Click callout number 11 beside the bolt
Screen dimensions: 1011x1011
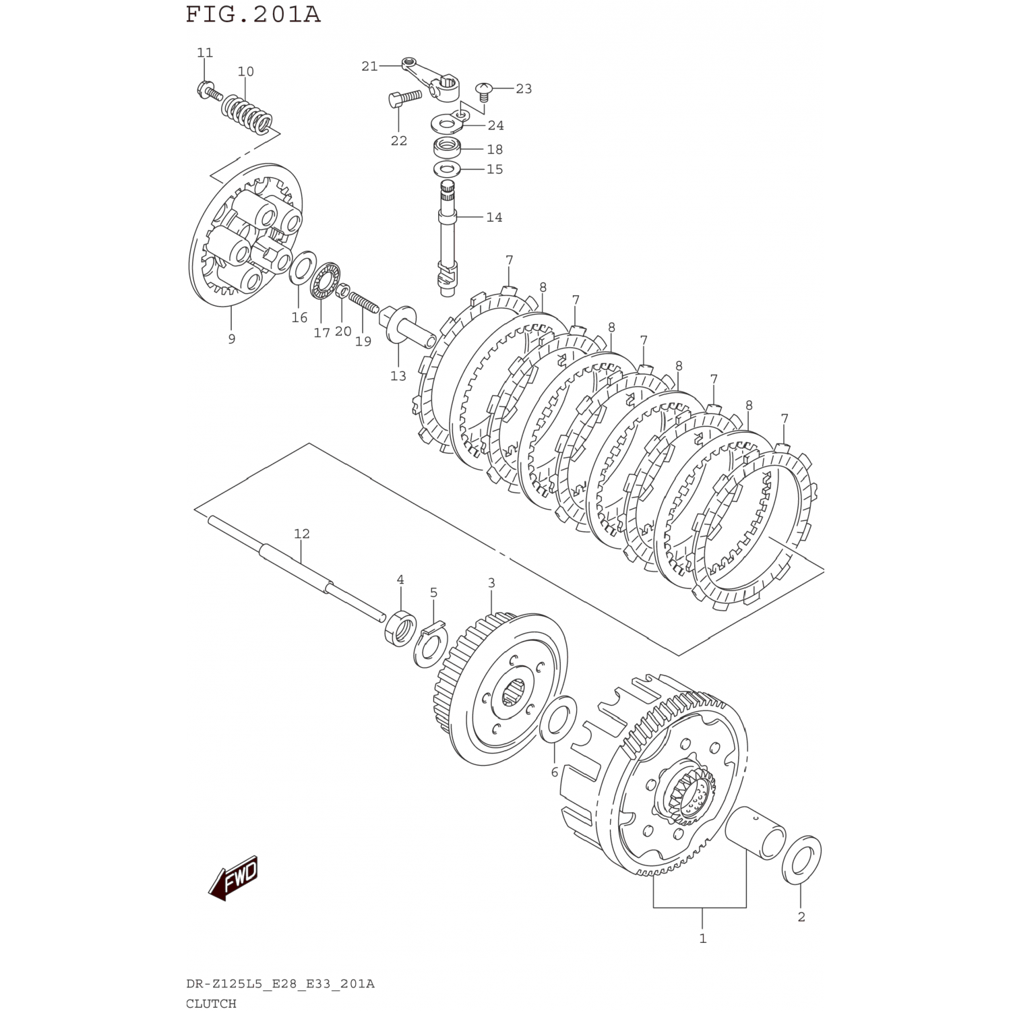pyautogui.click(x=205, y=53)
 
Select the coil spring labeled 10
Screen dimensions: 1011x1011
pyautogui.click(x=248, y=115)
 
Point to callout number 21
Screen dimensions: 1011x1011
pyautogui.click(x=370, y=66)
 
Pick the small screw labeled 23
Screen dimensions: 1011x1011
pyautogui.click(x=483, y=90)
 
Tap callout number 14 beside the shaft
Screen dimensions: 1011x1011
pyautogui.click(x=494, y=217)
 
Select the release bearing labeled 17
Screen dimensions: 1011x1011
pyautogui.click(x=325, y=280)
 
